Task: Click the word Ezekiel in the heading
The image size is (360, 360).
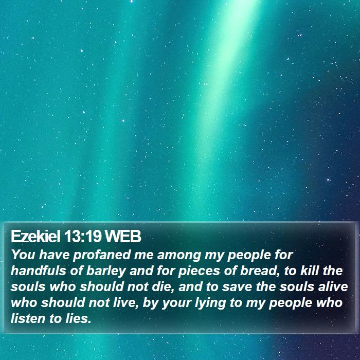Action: [x=35, y=236]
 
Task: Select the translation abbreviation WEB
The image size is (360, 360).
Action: [x=123, y=236]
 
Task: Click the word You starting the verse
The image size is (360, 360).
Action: [x=23, y=255]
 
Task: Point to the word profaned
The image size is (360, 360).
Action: [x=102, y=255]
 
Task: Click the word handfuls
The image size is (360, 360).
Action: [x=39, y=271]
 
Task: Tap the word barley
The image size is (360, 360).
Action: [x=106, y=272]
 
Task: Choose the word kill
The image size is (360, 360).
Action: [x=310, y=271]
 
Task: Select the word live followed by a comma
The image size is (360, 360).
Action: [x=126, y=303]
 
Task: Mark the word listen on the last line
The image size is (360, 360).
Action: [x=27, y=319]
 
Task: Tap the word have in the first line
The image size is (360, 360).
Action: [x=54, y=255]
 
